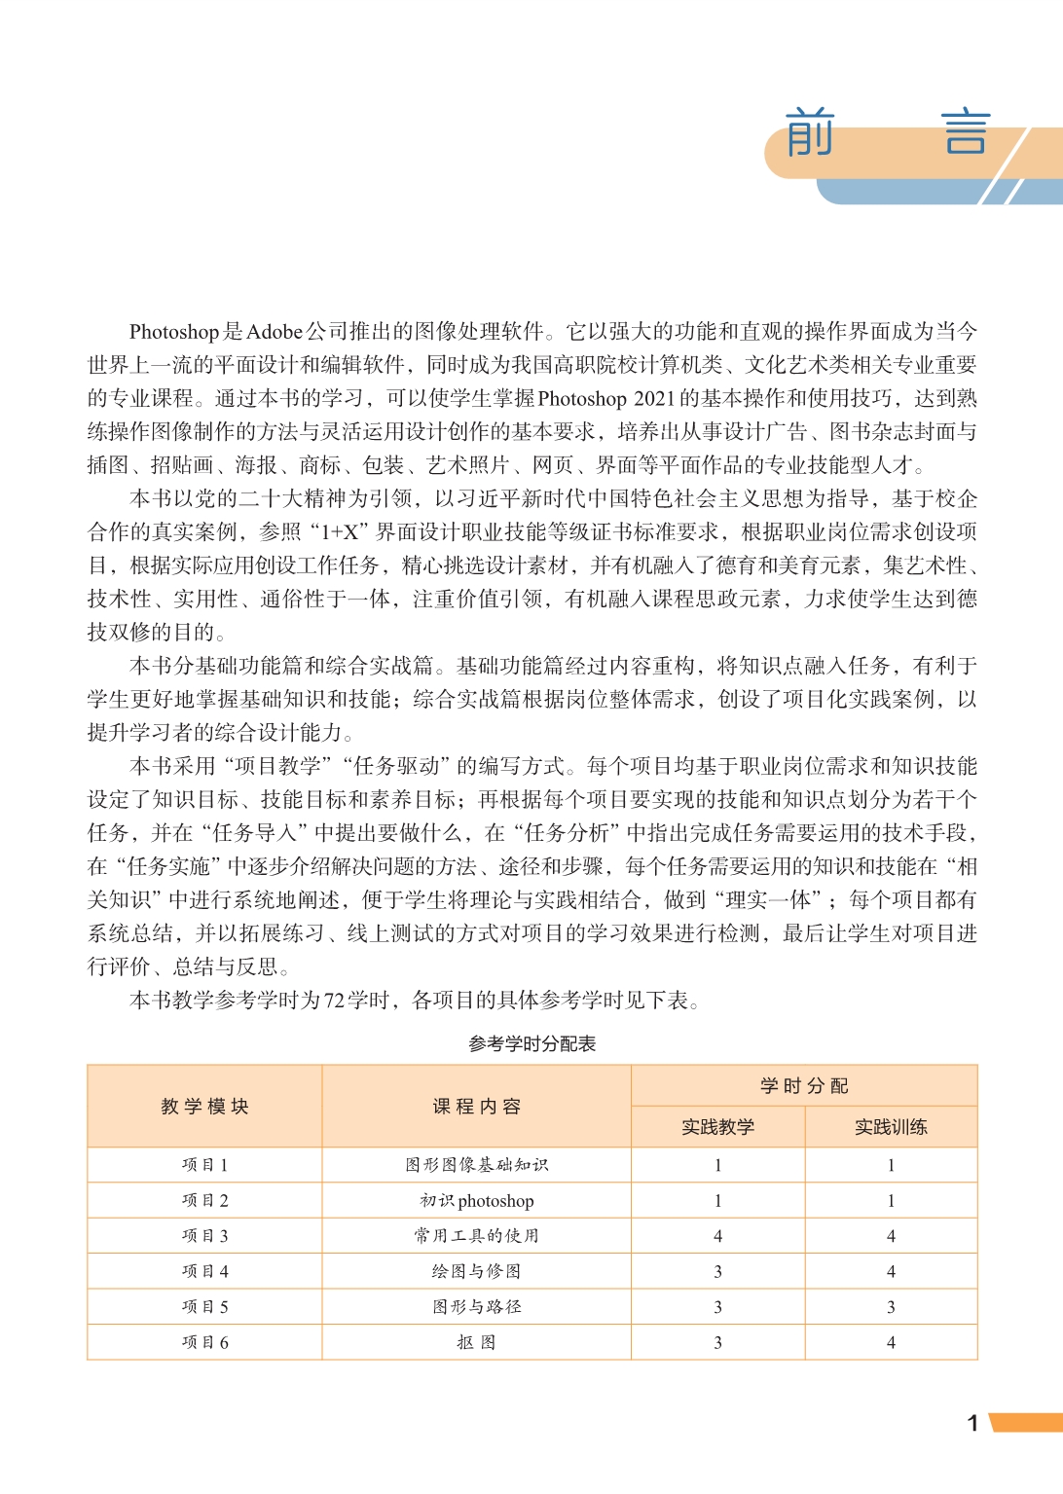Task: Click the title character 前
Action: point(810,132)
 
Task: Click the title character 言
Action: point(966,132)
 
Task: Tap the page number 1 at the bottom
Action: point(972,1423)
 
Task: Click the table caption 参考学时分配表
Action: point(531,1043)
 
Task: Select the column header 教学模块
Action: point(204,1107)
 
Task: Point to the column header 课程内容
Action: point(476,1107)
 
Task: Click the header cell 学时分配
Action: point(804,1086)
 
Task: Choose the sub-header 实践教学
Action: point(717,1127)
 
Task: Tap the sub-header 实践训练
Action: point(891,1127)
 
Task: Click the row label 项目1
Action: point(204,1165)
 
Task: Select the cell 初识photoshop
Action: point(476,1201)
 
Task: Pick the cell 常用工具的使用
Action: point(476,1236)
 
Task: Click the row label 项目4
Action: point(204,1271)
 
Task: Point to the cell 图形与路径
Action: point(476,1306)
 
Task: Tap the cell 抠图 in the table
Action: point(476,1342)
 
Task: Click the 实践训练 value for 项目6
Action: point(891,1342)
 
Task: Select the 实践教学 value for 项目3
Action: point(717,1236)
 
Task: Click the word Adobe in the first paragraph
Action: point(274,332)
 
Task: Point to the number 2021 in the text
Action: point(654,398)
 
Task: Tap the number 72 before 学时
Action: point(334,1001)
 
